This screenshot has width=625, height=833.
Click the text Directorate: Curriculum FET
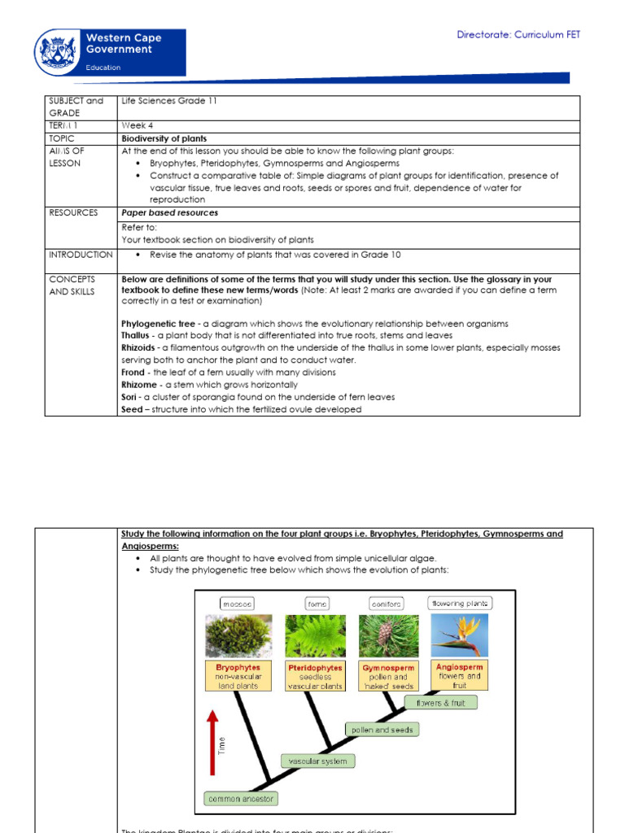click(x=518, y=34)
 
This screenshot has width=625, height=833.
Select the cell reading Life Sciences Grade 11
click(x=169, y=101)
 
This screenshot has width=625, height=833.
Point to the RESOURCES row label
click(x=73, y=212)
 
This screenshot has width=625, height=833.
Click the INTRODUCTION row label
click(x=80, y=255)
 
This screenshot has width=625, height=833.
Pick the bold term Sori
click(x=130, y=397)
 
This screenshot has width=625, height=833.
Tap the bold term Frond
click(x=134, y=373)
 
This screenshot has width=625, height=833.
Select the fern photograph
click(x=315, y=635)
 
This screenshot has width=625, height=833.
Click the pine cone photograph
click(x=387, y=635)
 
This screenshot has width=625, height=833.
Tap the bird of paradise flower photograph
click(x=460, y=635)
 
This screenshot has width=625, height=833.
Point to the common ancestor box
click(x=241, y=799)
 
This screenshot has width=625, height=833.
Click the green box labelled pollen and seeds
click(x=382, y=730)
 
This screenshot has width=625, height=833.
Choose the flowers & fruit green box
click(x=440, y=703)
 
